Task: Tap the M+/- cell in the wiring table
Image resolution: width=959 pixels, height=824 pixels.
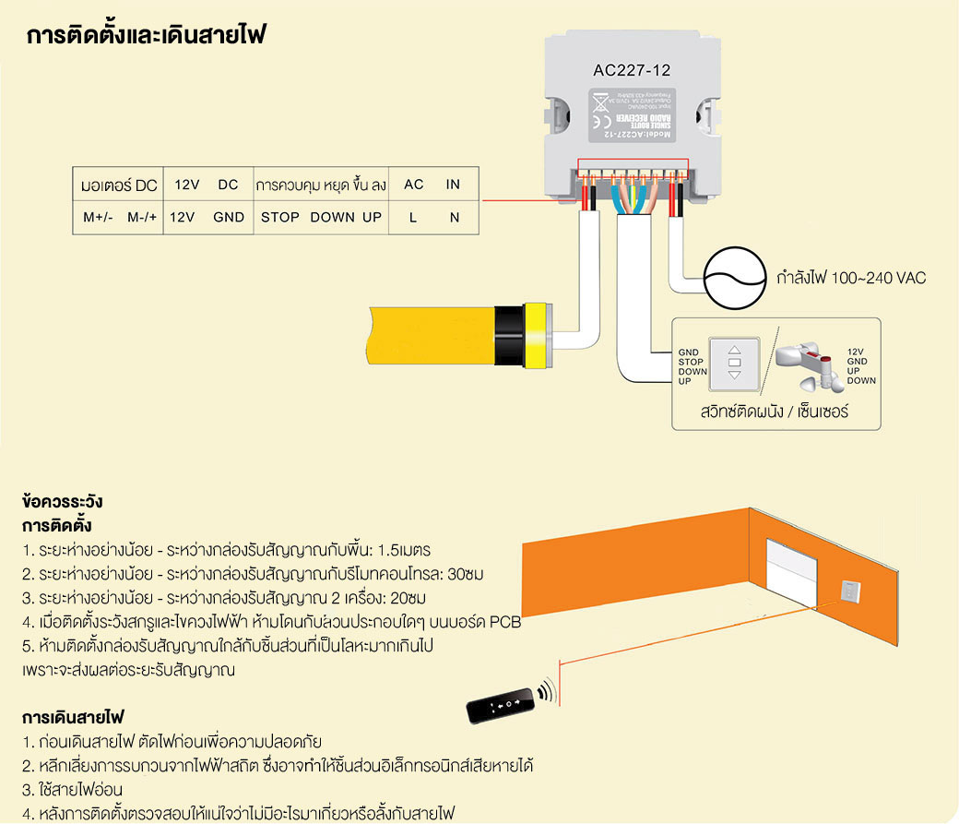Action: tap(97, 218)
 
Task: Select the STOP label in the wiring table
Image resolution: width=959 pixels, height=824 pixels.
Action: tap(280, 218)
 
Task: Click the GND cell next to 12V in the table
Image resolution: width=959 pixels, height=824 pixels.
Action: tap(229, 218)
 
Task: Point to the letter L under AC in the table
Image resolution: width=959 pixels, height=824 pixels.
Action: tap(414, 218)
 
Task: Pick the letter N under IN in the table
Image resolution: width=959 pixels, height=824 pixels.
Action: tap(454, 218)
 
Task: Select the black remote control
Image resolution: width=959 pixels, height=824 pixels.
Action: tap(502, 704)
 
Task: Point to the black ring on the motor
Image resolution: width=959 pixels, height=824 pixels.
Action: tap(507, 334)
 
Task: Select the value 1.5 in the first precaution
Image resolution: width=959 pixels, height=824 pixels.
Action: tap(385, 550)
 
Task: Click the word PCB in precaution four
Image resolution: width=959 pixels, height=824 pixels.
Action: tap(505, 622)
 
